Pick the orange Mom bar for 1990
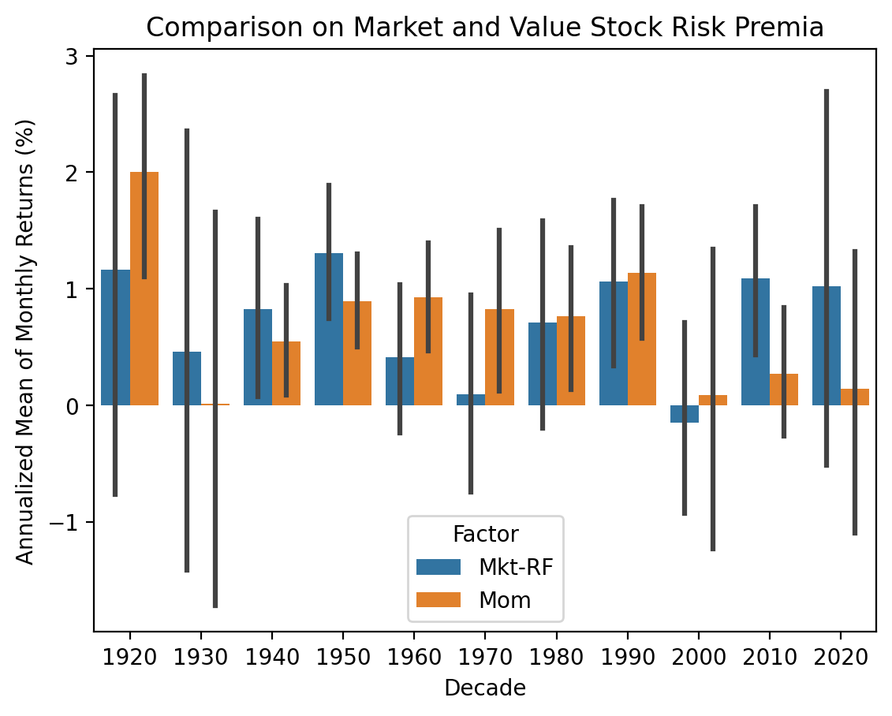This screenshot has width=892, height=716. (642, 339)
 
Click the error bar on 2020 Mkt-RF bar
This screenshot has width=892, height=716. (827, 197)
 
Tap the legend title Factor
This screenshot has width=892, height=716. (485, 534)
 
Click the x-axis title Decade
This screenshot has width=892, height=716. (485, 688)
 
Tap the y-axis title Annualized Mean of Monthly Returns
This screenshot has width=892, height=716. (26, 341)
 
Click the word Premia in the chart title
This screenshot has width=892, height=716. (786, 28)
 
